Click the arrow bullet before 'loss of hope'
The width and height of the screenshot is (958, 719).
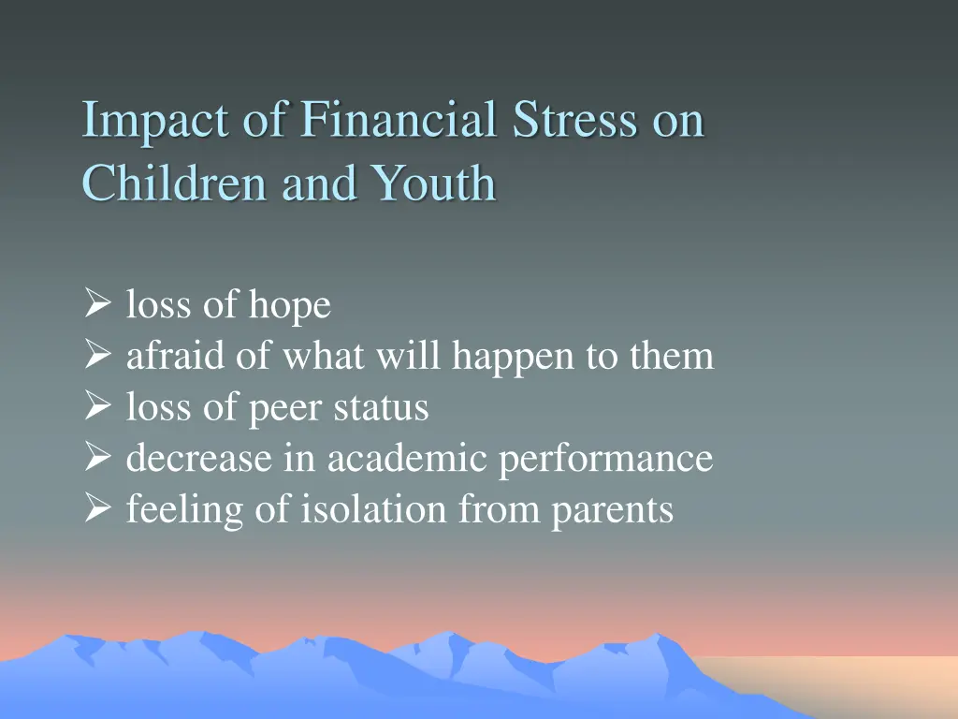point(96,304)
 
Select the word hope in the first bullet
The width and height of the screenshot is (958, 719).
point(289,306)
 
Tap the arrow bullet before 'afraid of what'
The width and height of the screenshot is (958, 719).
point(96,356)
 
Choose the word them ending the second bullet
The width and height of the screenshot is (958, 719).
point(672,356)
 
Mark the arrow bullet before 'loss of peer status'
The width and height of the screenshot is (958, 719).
point(96,407)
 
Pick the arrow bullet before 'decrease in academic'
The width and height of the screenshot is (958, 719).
point(96,459)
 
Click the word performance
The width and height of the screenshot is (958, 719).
point(605,461)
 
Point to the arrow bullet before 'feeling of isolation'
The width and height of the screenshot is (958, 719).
point(96,510)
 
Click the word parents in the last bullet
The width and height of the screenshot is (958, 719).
point(612,512)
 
